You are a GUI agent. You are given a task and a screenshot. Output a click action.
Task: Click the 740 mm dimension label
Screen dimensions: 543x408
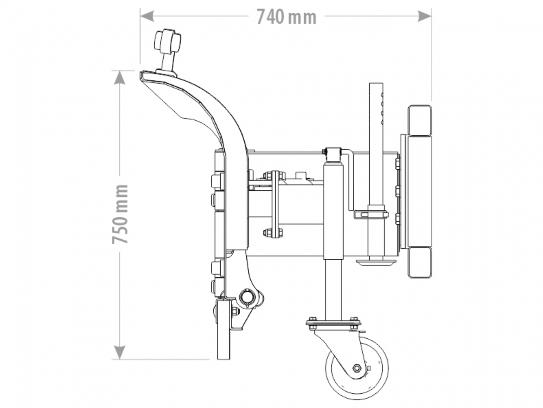coord(286,17)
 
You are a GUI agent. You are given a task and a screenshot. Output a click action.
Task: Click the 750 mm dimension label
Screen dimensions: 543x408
coord(120,214)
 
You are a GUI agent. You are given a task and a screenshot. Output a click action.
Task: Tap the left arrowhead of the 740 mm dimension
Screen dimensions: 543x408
coord(147,16)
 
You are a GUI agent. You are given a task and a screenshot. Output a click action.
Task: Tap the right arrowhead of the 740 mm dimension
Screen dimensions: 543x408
coord(424,16)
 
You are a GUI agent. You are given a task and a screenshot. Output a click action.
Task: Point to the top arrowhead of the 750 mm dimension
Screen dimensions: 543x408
coord(119,77)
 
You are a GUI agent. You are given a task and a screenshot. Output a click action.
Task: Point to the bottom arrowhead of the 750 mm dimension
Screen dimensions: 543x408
coord(119,352)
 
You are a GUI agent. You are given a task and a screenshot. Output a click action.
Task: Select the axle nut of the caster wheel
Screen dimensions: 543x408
coord(356,368)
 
